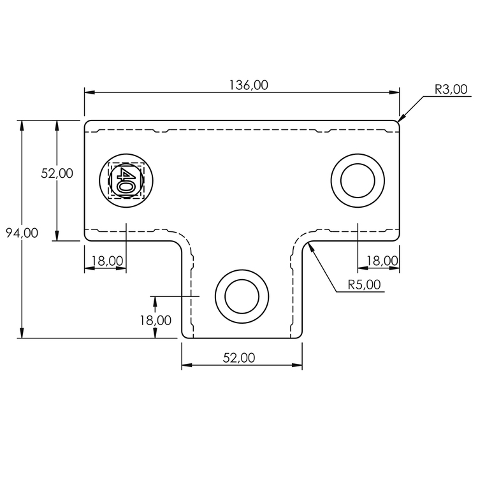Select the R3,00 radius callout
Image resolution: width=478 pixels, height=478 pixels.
click(x=451, y=90)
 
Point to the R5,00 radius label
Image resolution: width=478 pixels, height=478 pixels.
click(x=365, y=284)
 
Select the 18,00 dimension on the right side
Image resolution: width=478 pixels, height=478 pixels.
click(x=382, y=260)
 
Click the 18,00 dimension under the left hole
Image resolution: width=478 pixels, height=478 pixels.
click(x=107, y=260)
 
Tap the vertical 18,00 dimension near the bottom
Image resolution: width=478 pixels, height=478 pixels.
click(x=156, y=320)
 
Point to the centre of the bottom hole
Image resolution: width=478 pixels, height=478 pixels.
click(x=242, y=296)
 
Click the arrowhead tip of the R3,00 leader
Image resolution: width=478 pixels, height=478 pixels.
click(x=399, y=120)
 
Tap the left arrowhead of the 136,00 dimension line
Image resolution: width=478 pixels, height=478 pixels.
click(x=86, y=93)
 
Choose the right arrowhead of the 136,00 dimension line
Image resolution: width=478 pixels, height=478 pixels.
click(x=398, y=93)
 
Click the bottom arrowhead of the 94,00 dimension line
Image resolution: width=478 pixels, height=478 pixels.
click(x=22, y=337)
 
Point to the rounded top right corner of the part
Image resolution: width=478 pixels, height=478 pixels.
click(x=397, y=122)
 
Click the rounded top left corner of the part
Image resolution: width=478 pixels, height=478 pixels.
click(x=87, y=122)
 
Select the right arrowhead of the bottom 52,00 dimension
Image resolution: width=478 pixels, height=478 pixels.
click(x=301, y=366)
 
